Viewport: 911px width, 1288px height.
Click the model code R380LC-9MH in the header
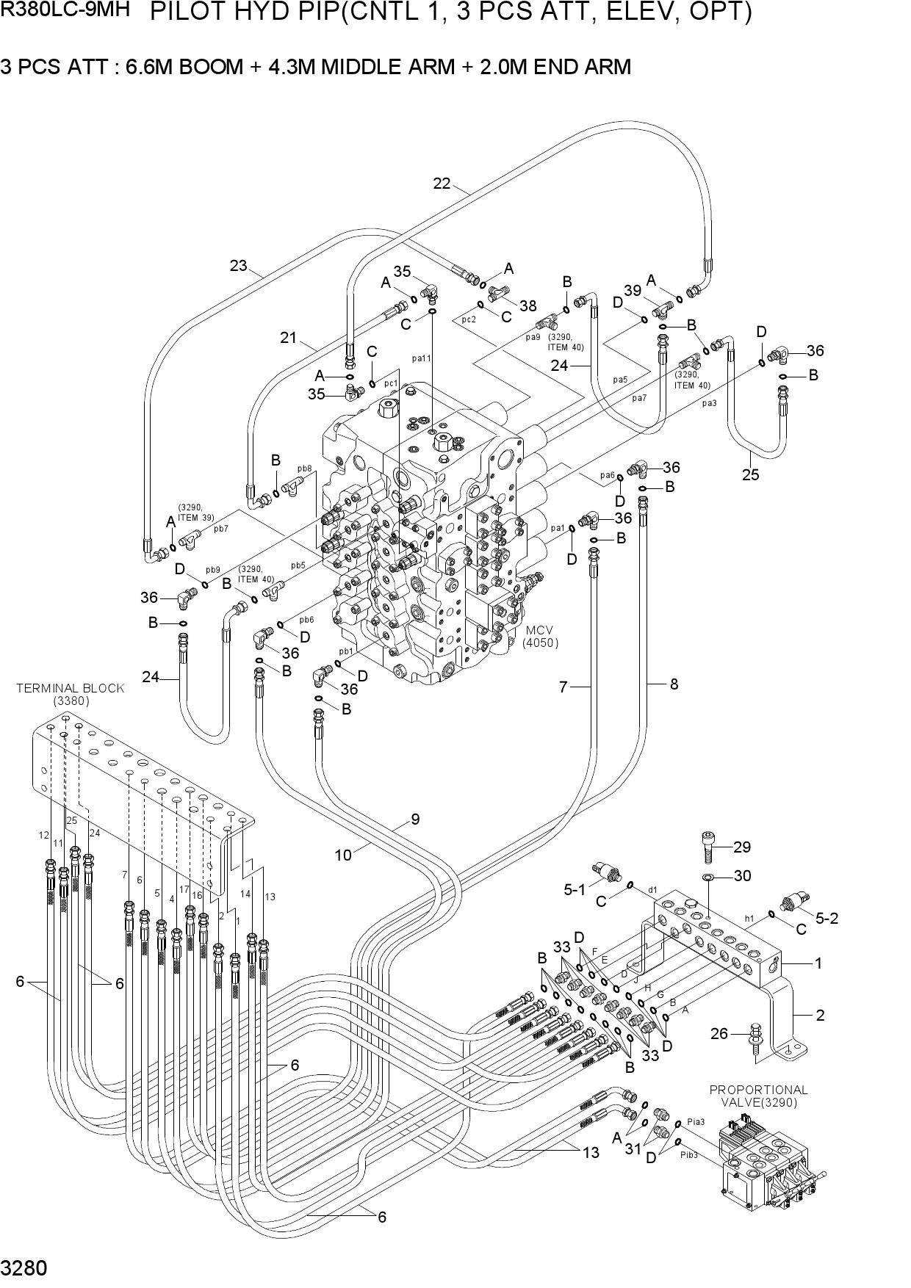click(x=65, y=10)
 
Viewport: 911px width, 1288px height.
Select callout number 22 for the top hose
click(x=442, y=184)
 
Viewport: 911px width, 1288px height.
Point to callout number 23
click(x=238, y=265)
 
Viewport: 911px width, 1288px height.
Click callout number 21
click(x=288, y=338)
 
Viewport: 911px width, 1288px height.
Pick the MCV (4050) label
click(x=540, y=637)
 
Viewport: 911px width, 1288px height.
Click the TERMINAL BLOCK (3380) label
click(x=71, y=694)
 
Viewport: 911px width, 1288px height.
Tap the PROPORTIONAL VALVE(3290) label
click(x=758, y=1096)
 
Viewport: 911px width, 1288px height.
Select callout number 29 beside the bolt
click(x=742, y=847)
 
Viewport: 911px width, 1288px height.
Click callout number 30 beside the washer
click(x=743, y=875)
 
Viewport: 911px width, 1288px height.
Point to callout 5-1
click(x=575, y=890)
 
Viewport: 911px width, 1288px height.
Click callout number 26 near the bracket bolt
click(x=719, y=1034)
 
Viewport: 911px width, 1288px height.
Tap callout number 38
click(x=527, y=305)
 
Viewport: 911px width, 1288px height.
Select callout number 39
click(x=633, y=291)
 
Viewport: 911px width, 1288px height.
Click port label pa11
click(x=422, y=358)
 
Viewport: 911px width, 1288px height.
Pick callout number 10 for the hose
click(x=343, y=855)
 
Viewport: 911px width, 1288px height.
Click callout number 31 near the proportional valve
click(x=633, y=1149)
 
